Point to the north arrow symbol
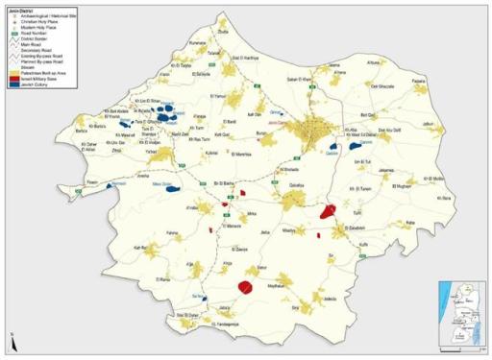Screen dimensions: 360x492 point(9,338)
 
